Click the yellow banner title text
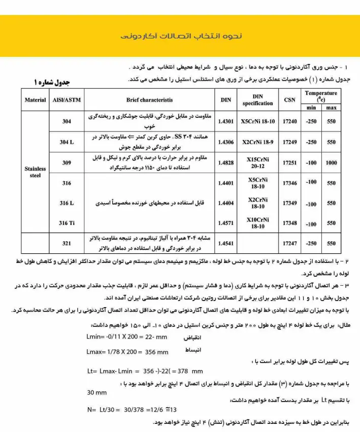[x=180, y=36]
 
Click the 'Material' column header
[x=35, y=100]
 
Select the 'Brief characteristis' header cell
[x=149, y=100]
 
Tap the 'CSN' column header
[x=289, y=100]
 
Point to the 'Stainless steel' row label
[x=35, y=172]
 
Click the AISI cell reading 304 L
[x=67, y=142]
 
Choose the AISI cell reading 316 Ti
[x=67, y=223]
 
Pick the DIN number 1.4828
[x=225, y=162]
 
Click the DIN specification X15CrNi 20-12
[x=257, y=162]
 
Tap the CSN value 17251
[x=289, y=162]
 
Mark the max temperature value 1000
[x=332, y=162]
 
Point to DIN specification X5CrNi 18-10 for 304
[x=257, y=122]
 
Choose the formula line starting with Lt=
[x=145, y=371]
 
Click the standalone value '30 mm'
[x=97, y=393]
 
